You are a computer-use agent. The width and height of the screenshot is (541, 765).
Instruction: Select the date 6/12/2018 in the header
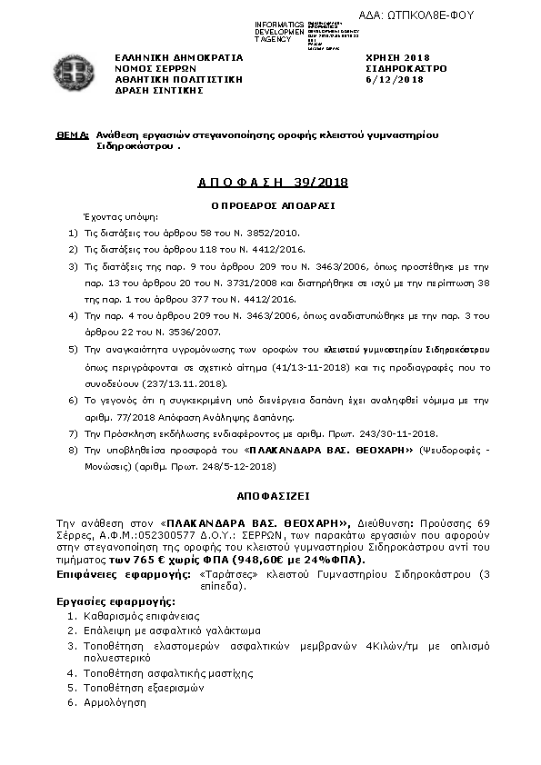(x=394, y=79)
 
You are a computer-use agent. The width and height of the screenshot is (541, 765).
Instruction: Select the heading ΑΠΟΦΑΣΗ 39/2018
(x=273, y=183)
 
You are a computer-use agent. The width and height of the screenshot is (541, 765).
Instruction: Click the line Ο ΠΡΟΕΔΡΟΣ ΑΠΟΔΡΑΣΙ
(x=273, y=205)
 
